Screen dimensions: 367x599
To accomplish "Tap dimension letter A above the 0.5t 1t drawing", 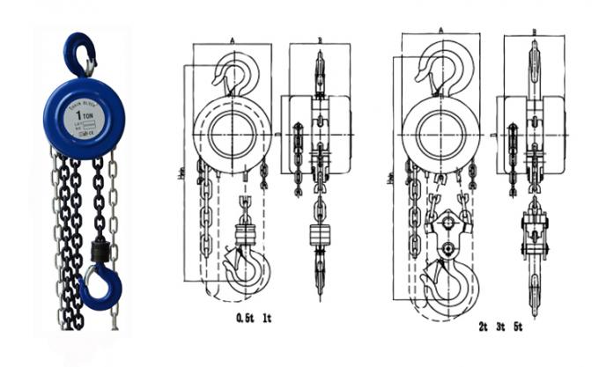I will coord(232,40).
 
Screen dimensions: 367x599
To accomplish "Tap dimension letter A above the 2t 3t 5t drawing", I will coord(440,29).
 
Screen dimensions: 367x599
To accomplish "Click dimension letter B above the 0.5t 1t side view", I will coord(319,40).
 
